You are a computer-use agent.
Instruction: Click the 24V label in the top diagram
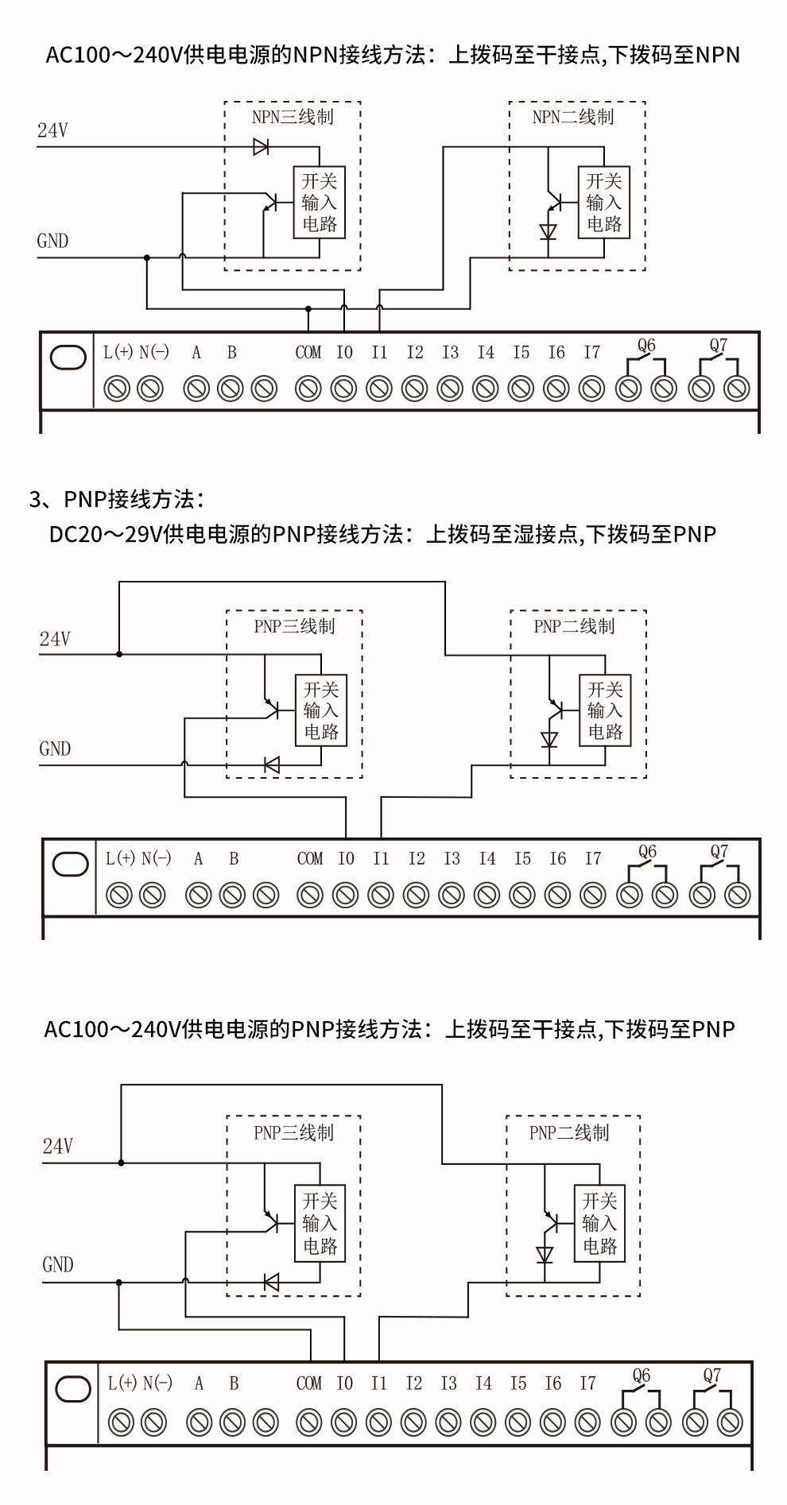pos(52,131)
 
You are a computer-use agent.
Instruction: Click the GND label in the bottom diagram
pos(57,1264)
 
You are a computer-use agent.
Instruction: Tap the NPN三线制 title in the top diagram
pos(293,117)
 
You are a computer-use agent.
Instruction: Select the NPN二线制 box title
pos(573,117)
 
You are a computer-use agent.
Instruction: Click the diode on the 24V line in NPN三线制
pos(261,147)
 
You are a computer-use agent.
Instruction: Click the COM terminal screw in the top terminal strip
pos(308,389)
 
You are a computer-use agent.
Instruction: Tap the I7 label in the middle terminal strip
pos(593,859)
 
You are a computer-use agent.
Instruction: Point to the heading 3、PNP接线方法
pos(118,500)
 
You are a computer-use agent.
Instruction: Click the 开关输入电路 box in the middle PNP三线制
pos(321,710)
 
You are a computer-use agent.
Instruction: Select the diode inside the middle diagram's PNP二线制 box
pos(549,739)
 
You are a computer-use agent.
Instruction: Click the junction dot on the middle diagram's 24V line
pos(119,655)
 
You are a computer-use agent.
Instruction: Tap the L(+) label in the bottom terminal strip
pos(122,1383)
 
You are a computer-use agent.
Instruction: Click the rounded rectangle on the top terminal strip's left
pos(68,358)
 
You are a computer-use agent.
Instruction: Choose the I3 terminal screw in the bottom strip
pos(448,1422)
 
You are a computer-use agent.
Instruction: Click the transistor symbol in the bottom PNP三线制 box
pos(271,1221)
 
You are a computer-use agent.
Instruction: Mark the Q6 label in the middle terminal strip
pos(647,852)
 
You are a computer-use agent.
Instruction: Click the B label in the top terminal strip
pos(231,353)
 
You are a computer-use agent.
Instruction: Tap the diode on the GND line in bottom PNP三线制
pos(271,1282)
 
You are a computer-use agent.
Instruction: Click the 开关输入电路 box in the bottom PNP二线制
pos(599,1224)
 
